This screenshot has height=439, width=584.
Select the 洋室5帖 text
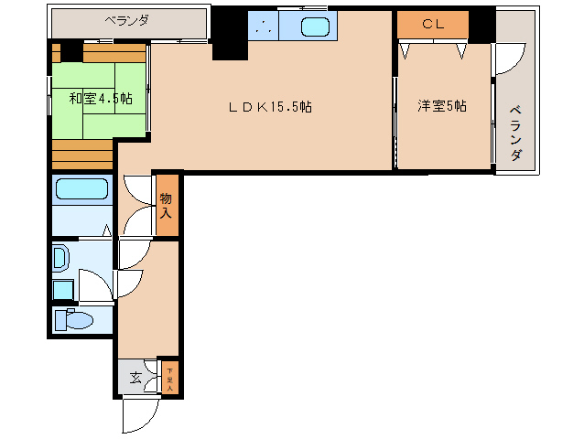click(x=442, y=106)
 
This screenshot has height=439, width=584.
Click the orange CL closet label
click(x=433, y=25)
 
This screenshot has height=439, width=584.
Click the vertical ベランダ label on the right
click(x=516, y=134)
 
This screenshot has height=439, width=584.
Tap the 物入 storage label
click(x=166, y=205)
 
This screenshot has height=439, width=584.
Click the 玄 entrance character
click(x=135, y=377)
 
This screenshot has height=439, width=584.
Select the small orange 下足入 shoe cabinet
click(x=169, y=376)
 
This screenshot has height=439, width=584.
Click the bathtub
click(x=81, y=190)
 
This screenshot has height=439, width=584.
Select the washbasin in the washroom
click(x=60, y=258)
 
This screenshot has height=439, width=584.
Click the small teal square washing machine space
click(x=62, y=290)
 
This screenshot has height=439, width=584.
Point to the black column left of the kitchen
click(x=229, y=33)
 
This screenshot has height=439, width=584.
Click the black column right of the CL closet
click(x=481, y=25)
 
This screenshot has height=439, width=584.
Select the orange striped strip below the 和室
click(x=81, y=154)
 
